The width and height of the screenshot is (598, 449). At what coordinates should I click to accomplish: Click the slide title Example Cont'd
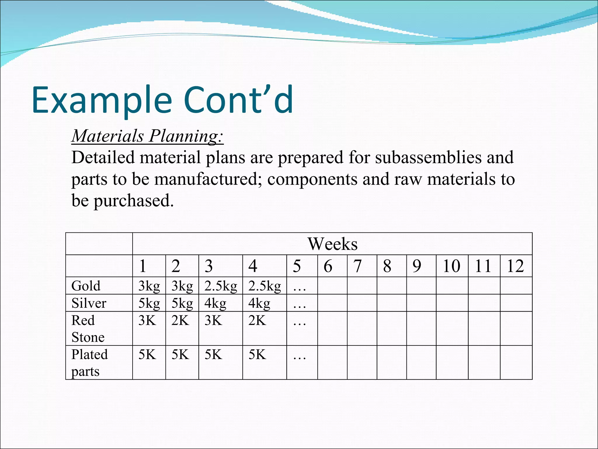[x=162, y=100]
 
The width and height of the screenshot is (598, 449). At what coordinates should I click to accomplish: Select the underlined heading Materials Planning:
[x=147, y=136]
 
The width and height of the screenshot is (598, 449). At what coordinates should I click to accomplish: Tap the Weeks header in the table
[x=332, y=244]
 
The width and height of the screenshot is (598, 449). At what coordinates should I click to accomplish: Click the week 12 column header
[x=515, y=266]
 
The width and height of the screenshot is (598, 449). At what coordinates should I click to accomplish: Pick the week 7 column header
[x=357, y=266]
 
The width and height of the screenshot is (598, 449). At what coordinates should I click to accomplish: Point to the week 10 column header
[x=451, y=266]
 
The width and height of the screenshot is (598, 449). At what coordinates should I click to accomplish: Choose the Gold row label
[x=86, y=286]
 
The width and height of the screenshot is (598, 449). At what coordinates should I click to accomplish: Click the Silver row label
[x=89, y=303]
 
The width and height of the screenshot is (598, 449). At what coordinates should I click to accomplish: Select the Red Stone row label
[x=88, y=329]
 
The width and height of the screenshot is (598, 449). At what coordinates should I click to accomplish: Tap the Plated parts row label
[x=89, y=362]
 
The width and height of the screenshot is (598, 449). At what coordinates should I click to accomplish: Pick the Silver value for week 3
[x=215, y=303]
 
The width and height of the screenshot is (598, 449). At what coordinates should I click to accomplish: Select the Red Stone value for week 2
[x=180, y=320]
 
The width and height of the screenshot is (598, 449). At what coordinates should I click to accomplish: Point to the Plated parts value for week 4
[x=257, y=355]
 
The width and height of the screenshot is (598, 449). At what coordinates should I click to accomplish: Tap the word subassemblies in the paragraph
[x=428, y=158]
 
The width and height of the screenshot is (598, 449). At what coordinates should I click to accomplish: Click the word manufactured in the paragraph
[x=208, y=179]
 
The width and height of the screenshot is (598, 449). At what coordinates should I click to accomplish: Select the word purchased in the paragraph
[x=133, y=201]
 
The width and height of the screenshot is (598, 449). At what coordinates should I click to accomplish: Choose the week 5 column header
[x=297, y=266]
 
